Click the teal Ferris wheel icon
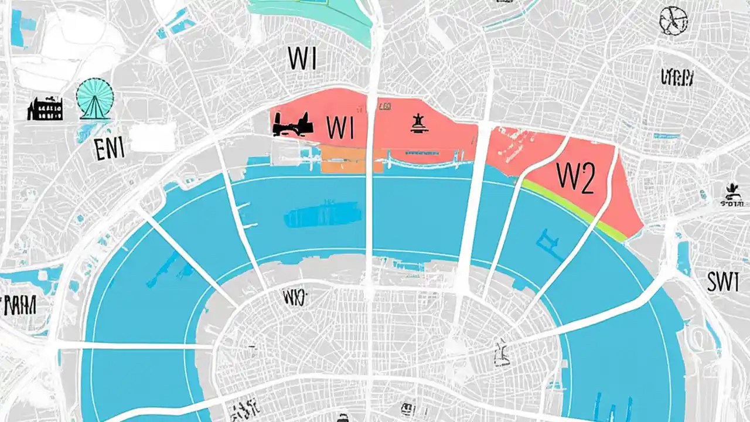tap(94, 100)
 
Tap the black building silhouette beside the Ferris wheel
tap(45, 110)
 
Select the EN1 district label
tap(109, 149)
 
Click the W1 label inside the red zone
tap(339, 127)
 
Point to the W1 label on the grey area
tap(302, 59)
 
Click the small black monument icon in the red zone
tap(417, 124)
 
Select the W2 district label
tap(575, 178)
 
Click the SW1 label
tap(722, 283)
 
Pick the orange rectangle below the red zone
tap(352, 159)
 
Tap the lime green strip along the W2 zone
tap(574, 210)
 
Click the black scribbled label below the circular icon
tap(677, 77)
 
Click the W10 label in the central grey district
tap(294, 297)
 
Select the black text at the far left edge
tap(19, 305)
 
